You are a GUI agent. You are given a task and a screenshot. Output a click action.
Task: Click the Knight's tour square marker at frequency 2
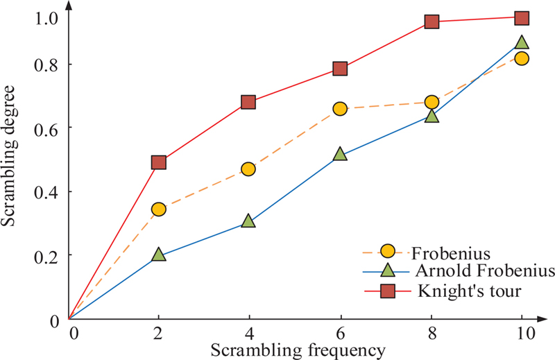[158, 162]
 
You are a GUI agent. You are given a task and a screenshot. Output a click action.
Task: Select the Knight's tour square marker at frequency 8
[432, 22]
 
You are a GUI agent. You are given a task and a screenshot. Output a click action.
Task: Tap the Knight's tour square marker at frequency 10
[522, 17]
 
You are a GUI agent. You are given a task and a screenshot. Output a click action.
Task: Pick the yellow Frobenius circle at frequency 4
[248, 169]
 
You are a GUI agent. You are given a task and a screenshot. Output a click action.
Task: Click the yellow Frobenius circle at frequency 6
[340, 108]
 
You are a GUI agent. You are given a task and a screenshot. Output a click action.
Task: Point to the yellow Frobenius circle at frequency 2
[158, 209]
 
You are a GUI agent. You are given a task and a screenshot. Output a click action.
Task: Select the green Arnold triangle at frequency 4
[248, 222]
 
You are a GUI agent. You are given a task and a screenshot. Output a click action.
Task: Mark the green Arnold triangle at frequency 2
[158, 255]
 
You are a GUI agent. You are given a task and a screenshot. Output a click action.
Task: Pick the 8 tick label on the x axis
[432, 334]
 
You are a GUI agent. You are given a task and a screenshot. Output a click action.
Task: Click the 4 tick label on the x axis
[248, 334]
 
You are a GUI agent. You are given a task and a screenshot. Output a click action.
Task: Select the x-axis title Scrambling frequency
[298, 350]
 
